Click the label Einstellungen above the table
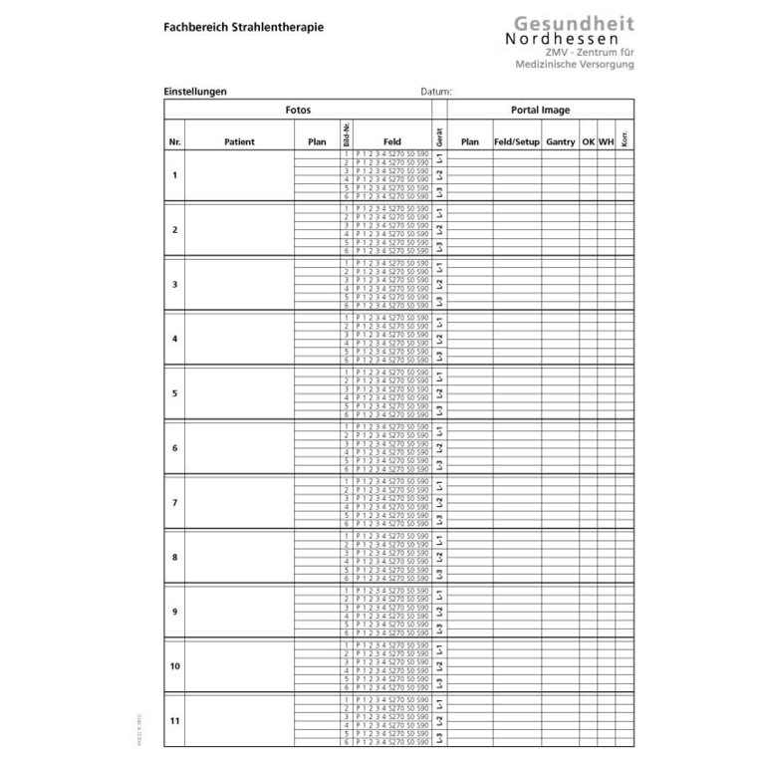coord(195,92)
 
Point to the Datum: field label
coord(436,92)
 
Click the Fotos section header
coord(298,110)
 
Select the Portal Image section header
coord(539,110)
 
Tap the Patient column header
coord(239,142)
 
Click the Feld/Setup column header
coord(517,142)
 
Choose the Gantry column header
coord(561,142)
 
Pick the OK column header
coord(589,142)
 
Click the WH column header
coord(606,142)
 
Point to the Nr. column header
coord(175,142)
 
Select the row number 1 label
coord(175,176)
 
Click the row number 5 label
coord(175,393)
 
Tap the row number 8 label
coord(175,557)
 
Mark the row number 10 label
coord(175,665)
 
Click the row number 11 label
coord(175,719)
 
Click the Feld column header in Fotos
coord(391,142)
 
